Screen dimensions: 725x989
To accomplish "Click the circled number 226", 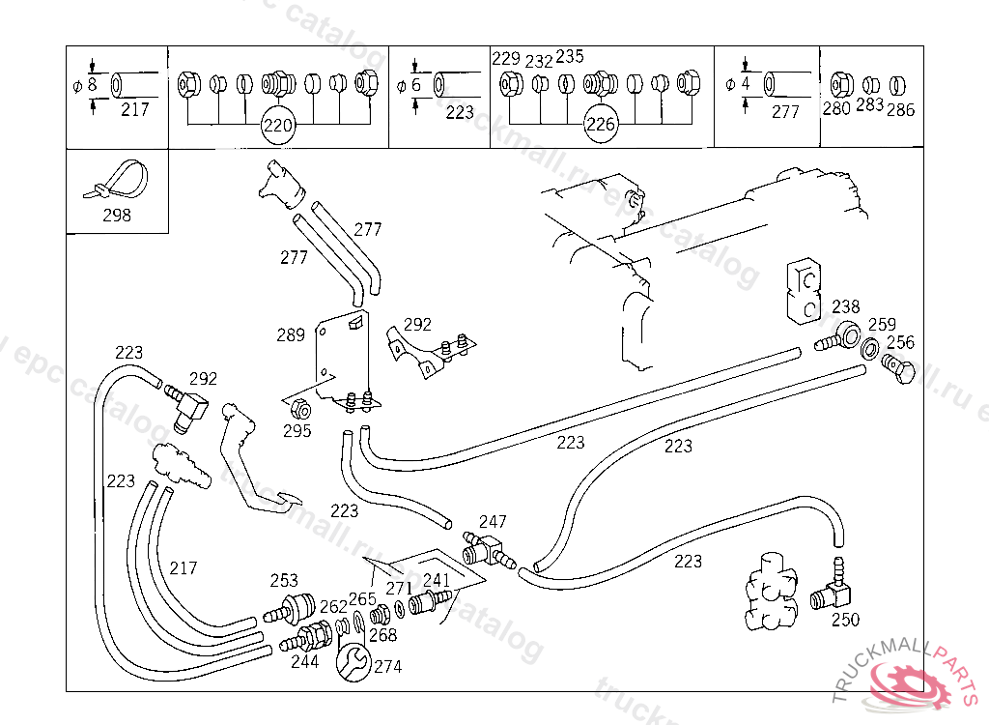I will pos(601,125).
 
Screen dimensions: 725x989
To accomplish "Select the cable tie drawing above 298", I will pos(117,183).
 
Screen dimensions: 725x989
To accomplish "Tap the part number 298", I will pos(116,216).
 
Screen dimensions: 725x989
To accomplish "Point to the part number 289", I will pos(291,335).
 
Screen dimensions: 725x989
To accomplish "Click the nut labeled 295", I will pos(298,407).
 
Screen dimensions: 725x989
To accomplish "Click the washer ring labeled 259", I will pos(869,349).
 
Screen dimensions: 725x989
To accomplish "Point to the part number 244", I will pos(305,663).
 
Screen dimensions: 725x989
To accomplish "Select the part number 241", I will pos(437,581).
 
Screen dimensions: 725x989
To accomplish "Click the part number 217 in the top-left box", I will pos(135,109).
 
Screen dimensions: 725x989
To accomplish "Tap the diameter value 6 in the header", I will pos(416,85).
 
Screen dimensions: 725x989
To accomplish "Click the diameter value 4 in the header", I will pos(746,84).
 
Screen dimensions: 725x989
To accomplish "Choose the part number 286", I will pos(901,109).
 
